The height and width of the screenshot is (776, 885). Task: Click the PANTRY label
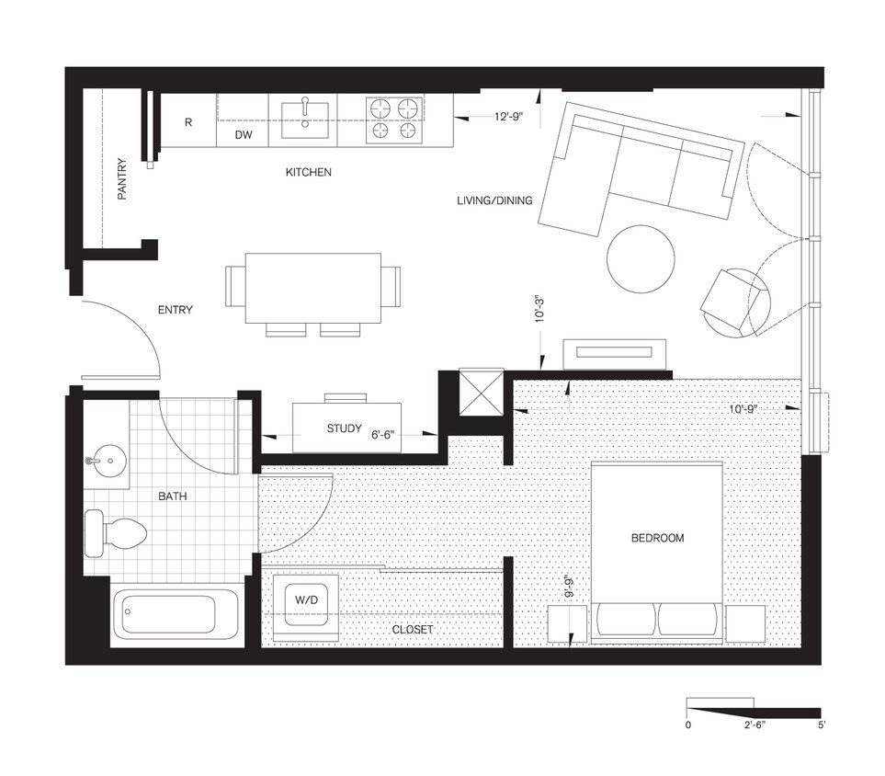click(x=121, y=178)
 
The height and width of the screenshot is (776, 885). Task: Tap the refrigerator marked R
click(x=187, y=121)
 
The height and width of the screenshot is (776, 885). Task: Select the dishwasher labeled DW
click(x=243, y=135)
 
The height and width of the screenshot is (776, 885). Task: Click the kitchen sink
click(x=303, y=119)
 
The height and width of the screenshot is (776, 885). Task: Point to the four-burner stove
click(x=396, y=120)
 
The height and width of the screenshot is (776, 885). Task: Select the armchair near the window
click(x=735, y=302)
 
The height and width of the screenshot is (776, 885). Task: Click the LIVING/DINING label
click(x=494, y=200)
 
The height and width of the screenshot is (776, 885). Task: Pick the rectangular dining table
click(x=313, y=288)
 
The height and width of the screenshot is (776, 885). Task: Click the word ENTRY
click(x=175, y=310)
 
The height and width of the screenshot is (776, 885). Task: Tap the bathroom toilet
click(x=115, y=533)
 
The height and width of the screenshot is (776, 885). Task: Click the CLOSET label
click(x=412, y=630)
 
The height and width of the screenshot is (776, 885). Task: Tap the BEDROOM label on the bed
click(x=657, y=538)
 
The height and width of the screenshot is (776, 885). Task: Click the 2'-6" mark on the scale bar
click(x=755, y=725)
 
